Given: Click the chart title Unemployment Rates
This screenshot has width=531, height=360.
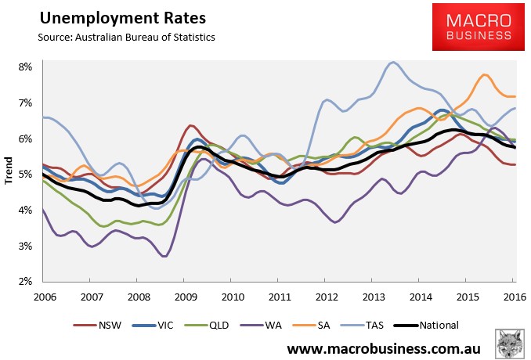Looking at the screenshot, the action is click(123, 18).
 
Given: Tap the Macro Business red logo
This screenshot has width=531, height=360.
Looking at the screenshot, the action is click(479, 27).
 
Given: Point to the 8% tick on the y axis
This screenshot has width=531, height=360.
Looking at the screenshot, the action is click(25, 67).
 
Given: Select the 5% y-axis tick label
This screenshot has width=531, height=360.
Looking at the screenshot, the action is click(25, 175).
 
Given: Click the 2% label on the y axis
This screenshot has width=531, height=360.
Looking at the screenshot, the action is click(25, 282).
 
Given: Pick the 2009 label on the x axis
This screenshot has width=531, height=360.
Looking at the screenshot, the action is click(186, 297).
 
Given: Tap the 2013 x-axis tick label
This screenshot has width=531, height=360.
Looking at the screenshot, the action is click(374, 297).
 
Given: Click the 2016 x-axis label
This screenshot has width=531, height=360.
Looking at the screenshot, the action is click(515, 297).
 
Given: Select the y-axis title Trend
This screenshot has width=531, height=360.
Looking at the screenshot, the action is click(8, 171).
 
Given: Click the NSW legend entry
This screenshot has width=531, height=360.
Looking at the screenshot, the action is click(97, 325).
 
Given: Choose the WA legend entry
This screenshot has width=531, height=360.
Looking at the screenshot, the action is click(261, 325).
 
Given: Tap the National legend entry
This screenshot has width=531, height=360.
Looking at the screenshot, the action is click(426, 325).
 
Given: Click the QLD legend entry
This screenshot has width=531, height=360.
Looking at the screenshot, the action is click(207, 325).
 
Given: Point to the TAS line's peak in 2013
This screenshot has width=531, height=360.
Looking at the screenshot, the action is click(392, 63).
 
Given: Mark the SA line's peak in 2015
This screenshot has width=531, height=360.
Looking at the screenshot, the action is click(484, 75).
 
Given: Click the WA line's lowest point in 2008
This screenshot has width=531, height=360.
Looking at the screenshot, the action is click(164, 256).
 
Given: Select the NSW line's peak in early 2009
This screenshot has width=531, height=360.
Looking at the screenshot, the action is click(190, 126).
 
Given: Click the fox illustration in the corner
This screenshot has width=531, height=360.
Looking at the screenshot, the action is click(509, 343).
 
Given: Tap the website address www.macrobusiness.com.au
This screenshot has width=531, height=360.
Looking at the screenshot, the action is click(384, 349).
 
